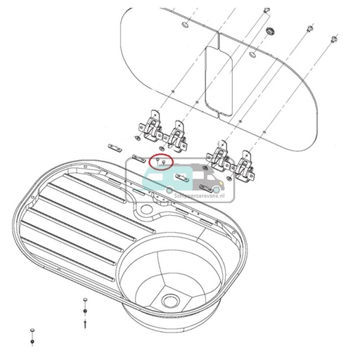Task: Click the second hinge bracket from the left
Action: click(x=178, y=134)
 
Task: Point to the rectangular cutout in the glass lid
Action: click(x=219, y=78)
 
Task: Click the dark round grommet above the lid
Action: click(x=269, y=32)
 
